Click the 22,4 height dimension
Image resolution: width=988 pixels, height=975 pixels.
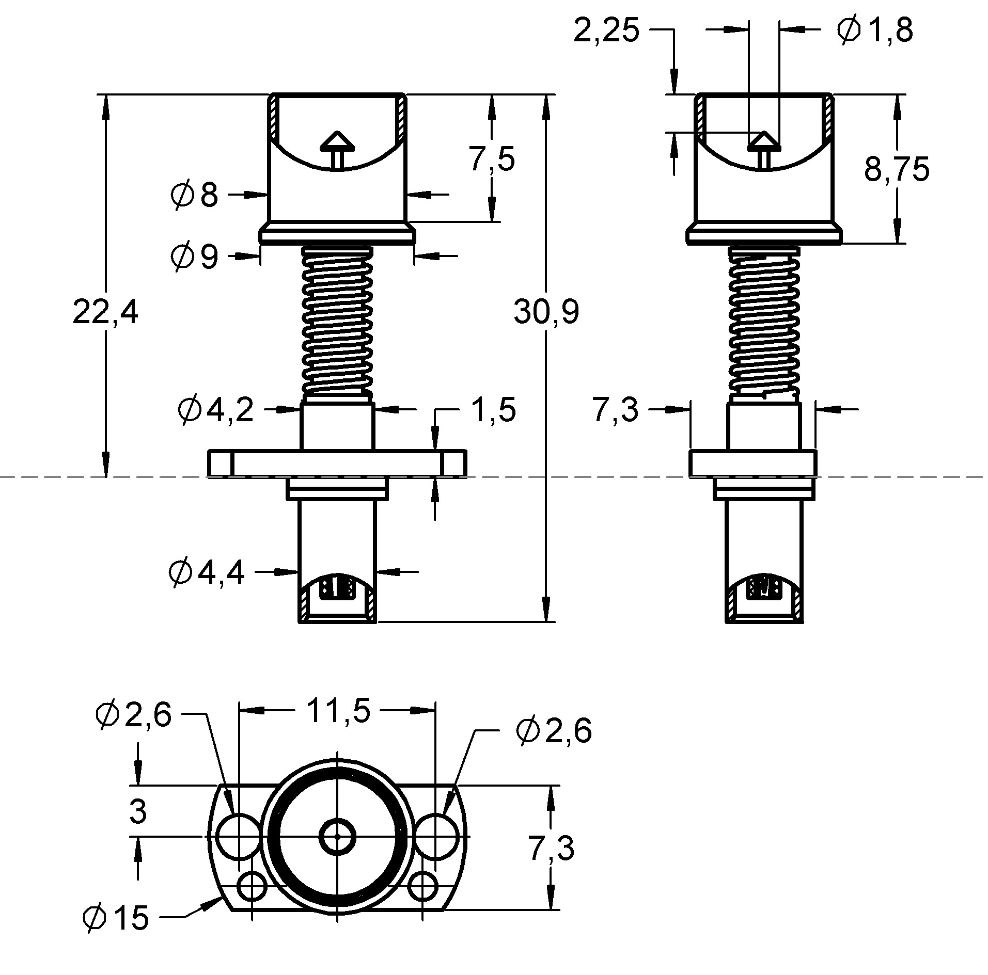pos(105,313)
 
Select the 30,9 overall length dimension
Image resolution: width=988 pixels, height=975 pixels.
pos(546,313)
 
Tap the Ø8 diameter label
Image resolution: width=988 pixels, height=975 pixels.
pos(194,196)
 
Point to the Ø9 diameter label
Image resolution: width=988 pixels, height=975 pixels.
pos(195,257)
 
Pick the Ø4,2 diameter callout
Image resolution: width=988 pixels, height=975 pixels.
pos(215,410)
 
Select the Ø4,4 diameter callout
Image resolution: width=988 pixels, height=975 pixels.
pos(207,573)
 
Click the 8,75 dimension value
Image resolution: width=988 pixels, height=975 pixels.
pos(897,169)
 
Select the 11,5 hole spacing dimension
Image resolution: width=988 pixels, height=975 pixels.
pos(338,711)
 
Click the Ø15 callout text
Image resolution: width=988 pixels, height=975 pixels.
pos(116,917)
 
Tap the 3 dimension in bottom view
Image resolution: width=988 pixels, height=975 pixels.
pos(138,811)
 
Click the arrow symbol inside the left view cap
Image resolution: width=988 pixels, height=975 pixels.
pos(337,150)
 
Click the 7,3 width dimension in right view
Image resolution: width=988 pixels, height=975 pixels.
pos(615,410)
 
